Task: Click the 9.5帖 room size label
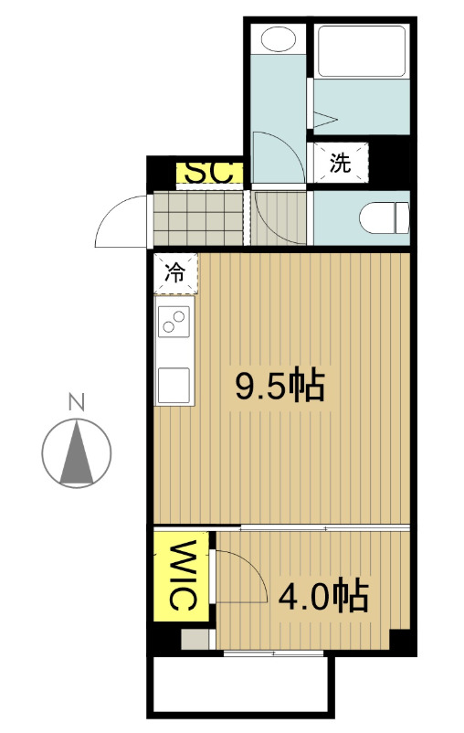(279, 388)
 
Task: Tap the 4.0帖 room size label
(322, 596)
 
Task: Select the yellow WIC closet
(183, 576)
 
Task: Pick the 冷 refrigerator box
(174, 271)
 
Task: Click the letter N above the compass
(77, 400)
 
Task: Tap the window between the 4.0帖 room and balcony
(274, 653)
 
